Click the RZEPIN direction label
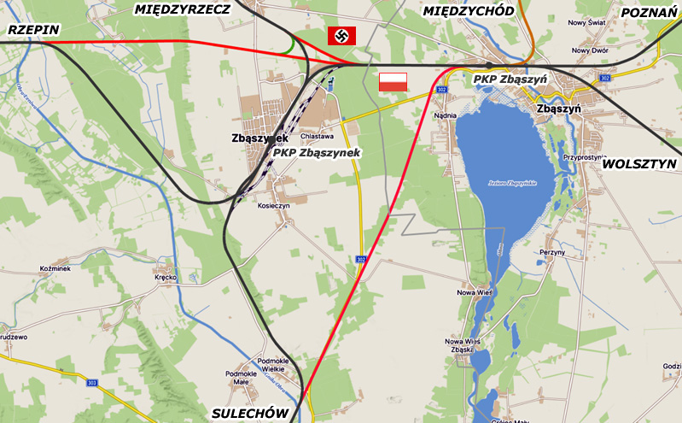[x=33, y=30]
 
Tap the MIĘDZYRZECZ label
[x=183, y=9]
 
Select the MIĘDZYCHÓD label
[x=469, y=11]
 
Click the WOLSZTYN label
[x=639, y=163]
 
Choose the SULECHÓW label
[x=248, y=414]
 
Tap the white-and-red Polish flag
[x=393, y=82]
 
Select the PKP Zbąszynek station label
[x=317, y=153]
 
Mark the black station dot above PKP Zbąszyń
[x=487, y=65]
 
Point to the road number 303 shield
[x=92, y=381]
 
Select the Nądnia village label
[x=446, y=115]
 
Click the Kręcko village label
[x=165, y=277]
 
